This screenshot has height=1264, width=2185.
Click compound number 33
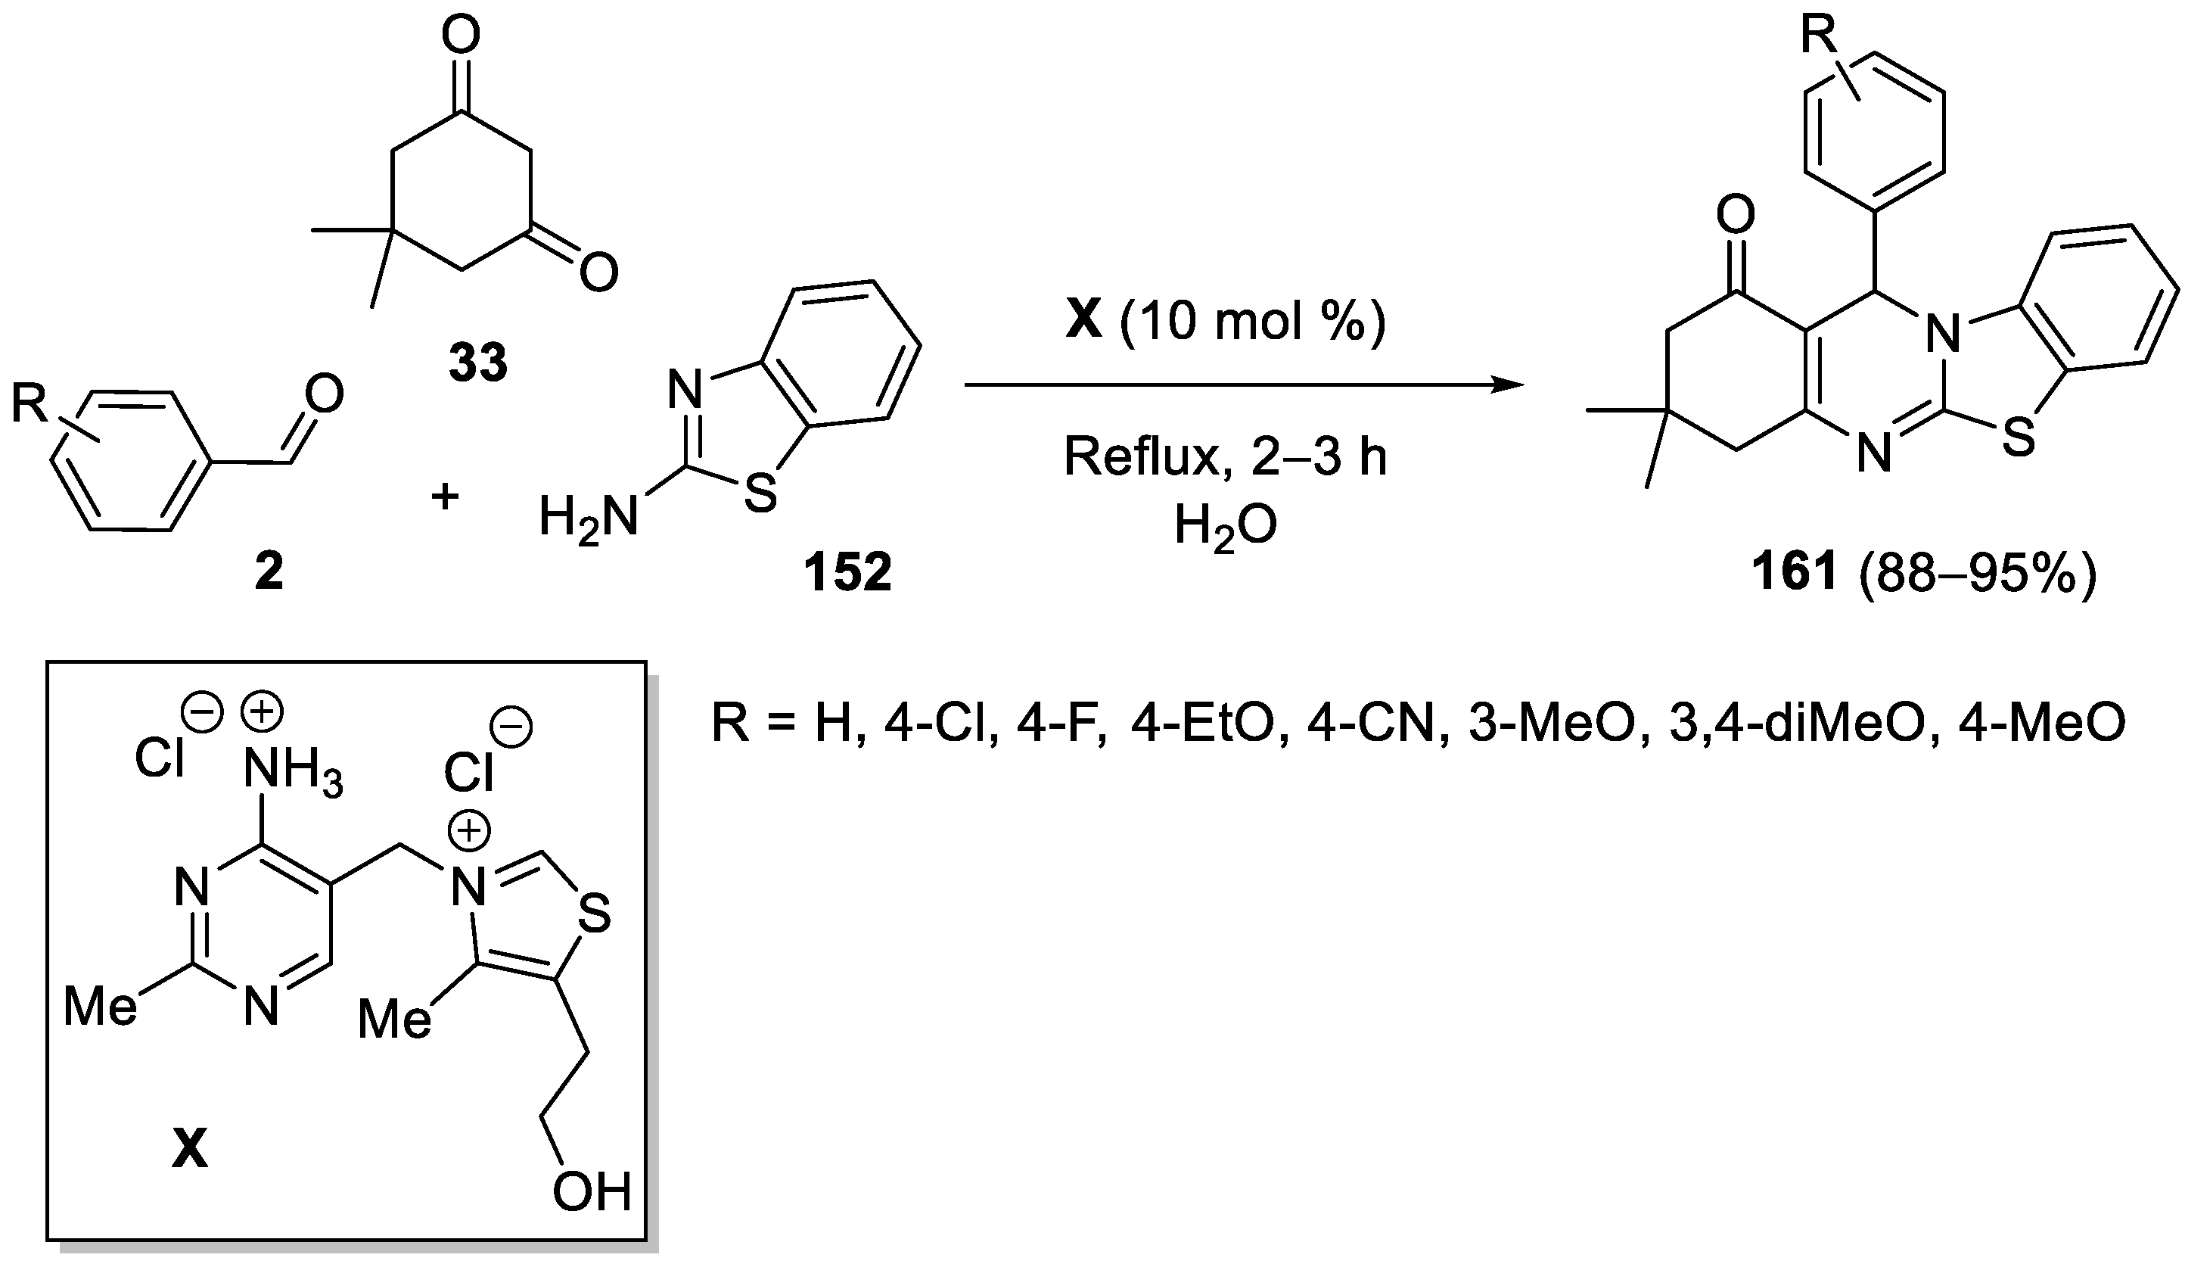(x=477, y=363)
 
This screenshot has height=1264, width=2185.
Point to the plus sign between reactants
(x=445, y=497)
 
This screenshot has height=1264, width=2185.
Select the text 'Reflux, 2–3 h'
(x=1225, y=457)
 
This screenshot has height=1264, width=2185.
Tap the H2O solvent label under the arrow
(x=1225, y=528)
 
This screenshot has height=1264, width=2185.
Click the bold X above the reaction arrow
(x=1083, y=321)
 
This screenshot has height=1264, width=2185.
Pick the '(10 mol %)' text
(x=1252, y=322)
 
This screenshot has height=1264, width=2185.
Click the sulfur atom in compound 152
(x=760, y=494)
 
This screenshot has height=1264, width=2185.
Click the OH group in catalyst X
(x=592, y=1192)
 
